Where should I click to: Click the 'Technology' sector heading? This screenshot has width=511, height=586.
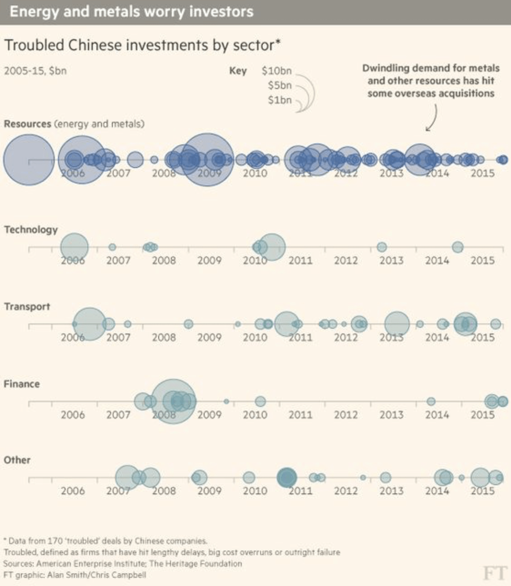point(31,229)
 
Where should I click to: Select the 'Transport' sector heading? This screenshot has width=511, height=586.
point(27,307)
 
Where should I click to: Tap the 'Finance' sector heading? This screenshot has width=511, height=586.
point(22,384)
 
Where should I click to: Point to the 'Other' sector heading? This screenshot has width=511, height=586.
point(17,460)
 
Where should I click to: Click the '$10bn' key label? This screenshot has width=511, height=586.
point(276,71)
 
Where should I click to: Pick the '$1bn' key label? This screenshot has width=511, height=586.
point(279,100)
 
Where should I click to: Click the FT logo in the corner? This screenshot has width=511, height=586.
point(494,573)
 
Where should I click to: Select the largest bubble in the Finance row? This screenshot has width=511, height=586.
point(173,401)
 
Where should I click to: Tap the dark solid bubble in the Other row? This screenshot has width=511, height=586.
point(287,477)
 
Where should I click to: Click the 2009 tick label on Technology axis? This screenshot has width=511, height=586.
point(209,260)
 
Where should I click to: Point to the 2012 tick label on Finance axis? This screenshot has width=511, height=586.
point(346,415)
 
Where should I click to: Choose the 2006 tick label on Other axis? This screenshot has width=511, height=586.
point(73,491)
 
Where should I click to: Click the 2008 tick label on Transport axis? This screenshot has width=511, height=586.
point(164,338)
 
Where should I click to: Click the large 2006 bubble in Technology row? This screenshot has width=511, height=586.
point(75,247)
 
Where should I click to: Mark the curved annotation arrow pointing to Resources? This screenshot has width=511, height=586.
point(433,118)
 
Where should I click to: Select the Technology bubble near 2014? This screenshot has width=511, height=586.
point(458,247)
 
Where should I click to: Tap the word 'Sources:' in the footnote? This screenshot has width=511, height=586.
point(18,564)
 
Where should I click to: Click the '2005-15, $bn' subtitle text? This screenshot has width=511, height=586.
point(35,71)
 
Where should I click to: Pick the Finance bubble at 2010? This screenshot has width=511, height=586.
point(260,401)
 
